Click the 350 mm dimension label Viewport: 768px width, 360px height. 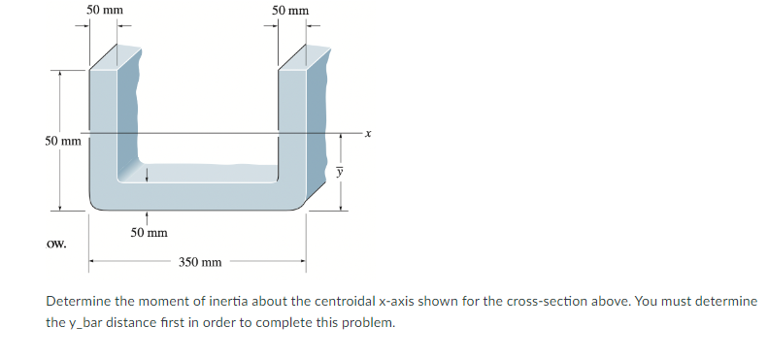point(200,262)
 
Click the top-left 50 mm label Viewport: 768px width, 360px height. point(104,10)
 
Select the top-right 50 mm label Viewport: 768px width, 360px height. point(290,11)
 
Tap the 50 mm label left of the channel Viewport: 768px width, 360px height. point(64,142)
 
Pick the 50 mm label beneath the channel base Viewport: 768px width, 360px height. point(149,233)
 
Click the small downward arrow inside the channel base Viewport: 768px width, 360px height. point(147,175)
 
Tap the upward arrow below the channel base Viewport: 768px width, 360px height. point(147,218)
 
